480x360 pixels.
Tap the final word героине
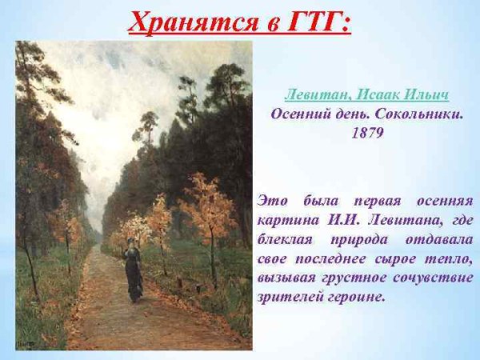coord(356,297)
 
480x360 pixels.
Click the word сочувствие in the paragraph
coord(432,278)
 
